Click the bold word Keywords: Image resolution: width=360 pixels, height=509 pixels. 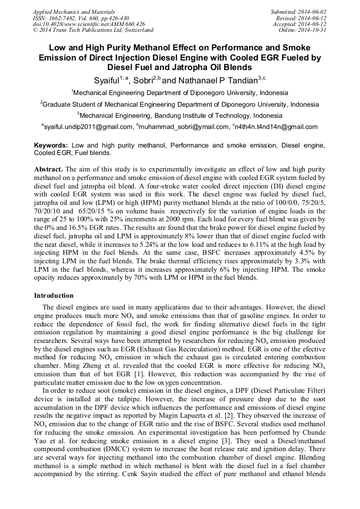pyautogui.click(x=51, y=145)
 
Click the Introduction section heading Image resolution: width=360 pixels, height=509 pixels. pyautogui.click(x=54, y=296)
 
